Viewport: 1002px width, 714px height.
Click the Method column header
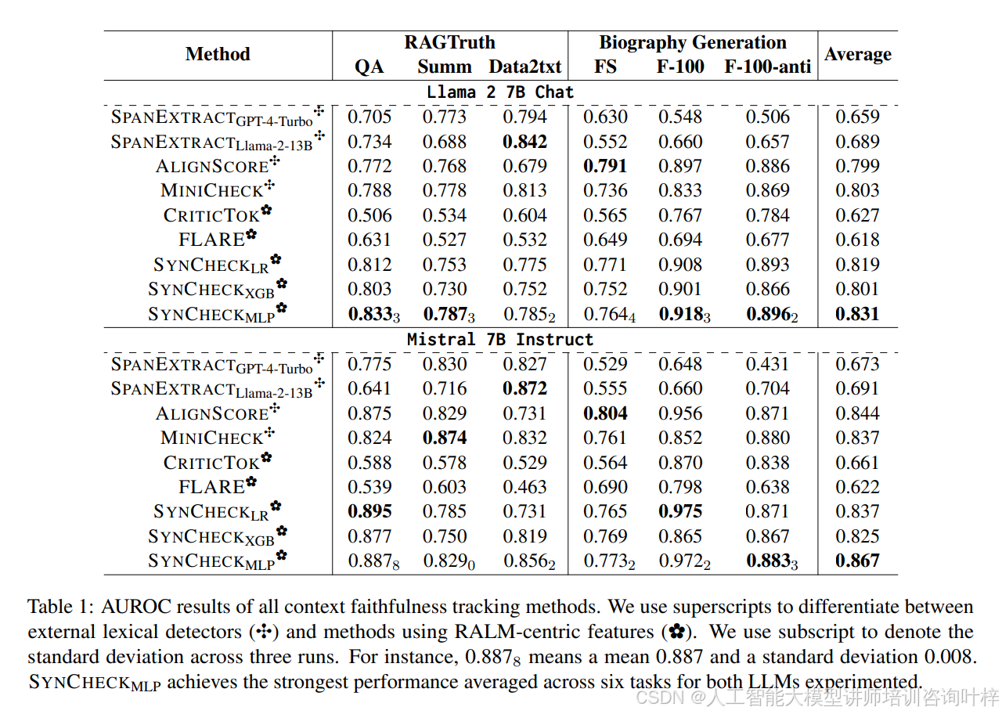[218, 54]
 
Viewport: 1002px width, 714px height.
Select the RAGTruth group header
[449, 42]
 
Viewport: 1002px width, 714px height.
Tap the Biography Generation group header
[692, 42]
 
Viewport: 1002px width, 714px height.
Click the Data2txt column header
[525, 67]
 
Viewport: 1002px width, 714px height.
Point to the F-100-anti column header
[767, 67]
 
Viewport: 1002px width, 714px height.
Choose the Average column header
[857, 54]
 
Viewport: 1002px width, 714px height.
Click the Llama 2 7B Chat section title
[500, 92]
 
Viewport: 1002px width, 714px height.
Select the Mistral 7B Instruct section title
[500, 339]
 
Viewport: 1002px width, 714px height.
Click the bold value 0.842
[524, 142]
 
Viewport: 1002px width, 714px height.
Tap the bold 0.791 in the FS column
[605, 166]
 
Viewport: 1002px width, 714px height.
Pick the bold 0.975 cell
[679, 511]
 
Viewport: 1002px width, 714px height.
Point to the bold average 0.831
[857, 314]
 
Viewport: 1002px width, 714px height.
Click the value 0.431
[767, 364]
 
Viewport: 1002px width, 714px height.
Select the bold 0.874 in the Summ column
[445, 438]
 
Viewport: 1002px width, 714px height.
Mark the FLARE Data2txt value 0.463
[524, 487]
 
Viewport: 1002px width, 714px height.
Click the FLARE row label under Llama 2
[212, 240]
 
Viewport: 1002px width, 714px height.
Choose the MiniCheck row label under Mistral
[212, 438]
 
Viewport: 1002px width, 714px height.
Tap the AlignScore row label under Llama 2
[212, 167]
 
